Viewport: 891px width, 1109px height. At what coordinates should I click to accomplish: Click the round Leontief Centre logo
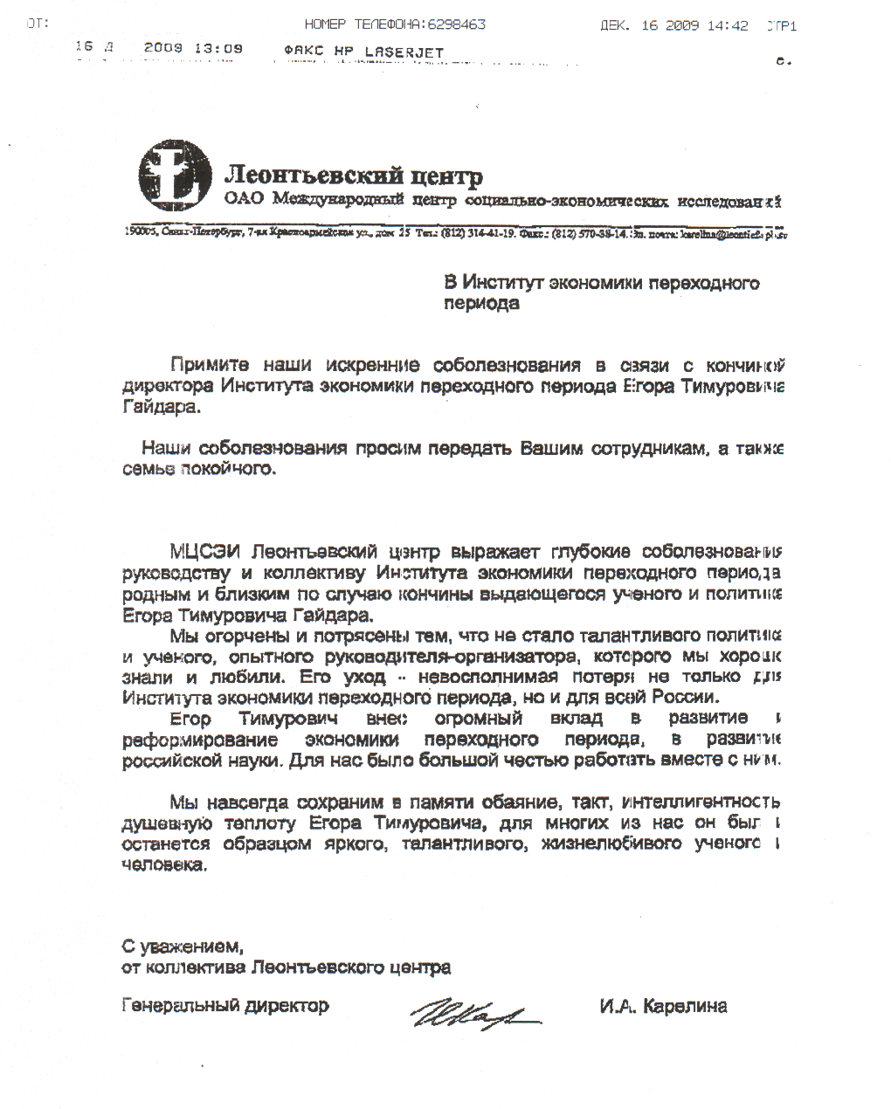pos(175,173)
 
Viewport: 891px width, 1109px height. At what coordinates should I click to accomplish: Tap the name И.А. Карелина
pos(663,1006)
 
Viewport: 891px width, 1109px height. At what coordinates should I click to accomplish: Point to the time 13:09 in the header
pos(218,49)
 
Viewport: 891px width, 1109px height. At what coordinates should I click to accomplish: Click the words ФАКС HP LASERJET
pos(364,52)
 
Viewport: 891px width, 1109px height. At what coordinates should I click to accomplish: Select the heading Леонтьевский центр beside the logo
pos(354,176)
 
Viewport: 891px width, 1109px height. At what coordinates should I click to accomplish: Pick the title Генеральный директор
pos(225,1005)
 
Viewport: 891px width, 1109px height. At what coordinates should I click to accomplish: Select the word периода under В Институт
pos(481,304)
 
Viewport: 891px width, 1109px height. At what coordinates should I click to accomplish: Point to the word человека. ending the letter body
pos(166,865)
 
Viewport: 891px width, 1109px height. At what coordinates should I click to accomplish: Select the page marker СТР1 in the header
pos(781,26)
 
